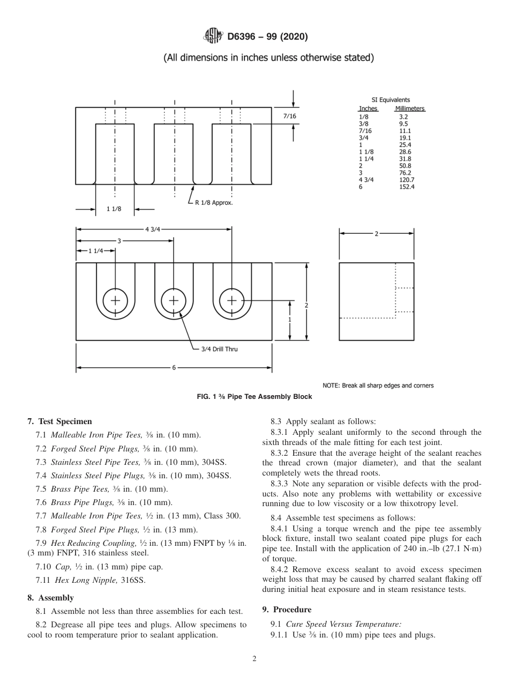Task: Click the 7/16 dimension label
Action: [x=289, y=116]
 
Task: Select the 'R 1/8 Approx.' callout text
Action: [x=213, y=203]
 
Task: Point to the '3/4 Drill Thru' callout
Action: [x=219, y=349]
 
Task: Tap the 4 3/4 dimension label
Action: [x=153, y=229]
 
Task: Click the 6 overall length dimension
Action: [x=174, y=368]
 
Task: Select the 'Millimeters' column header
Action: [x=410, y=108]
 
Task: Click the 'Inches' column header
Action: [x=368, y=108]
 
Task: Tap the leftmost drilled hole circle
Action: [x=115, y=300]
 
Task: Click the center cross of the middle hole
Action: [x=174, y=300]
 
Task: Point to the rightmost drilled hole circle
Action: [x=231, y=300]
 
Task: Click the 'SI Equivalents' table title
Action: [x=391, y=100]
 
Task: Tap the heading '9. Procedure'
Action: [x=287, y=610]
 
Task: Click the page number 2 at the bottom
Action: [x=254, y=659]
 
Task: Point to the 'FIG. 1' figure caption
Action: [x=254, y=397]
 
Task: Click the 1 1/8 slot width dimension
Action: [x=114, y=209]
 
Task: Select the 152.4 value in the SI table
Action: [x=407, y=187]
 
